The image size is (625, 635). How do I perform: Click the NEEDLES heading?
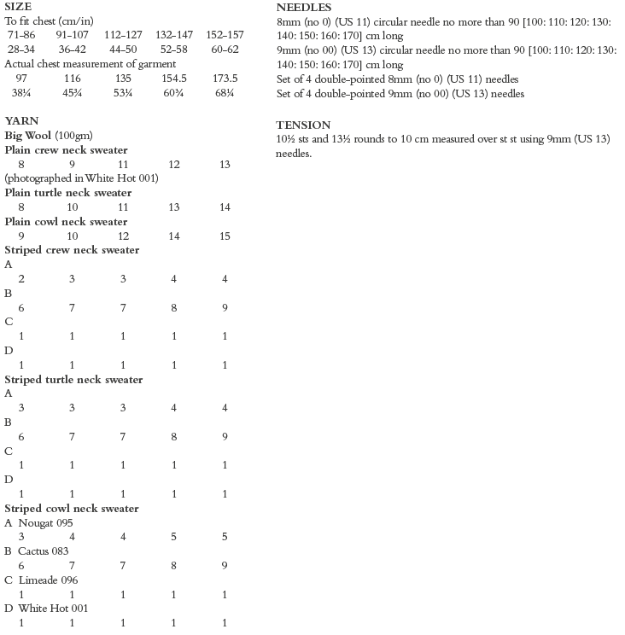click(304, 7)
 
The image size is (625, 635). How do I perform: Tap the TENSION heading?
click(303, 125)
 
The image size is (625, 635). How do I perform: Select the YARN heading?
click(21, 121)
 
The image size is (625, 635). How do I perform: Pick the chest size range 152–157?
click(224, 35)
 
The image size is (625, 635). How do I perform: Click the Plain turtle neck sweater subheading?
click(68, 193)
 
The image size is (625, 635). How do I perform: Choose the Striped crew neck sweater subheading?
click(72, 250)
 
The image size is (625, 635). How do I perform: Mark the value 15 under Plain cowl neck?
click(224, 236)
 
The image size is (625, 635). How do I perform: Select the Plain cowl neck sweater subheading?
click(66, 222)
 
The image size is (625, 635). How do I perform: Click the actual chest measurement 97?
click(20, 79)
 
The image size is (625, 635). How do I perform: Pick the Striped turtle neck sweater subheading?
click(73, 379)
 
